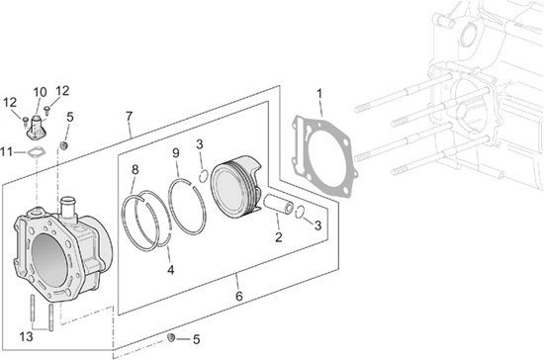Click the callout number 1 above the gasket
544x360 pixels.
[x=319, y=94]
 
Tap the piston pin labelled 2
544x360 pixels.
[x=279, y=205]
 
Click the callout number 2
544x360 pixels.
[x=279, y=237]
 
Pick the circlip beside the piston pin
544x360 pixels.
[x=300, y=212]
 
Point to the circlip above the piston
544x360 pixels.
[x=204, y=175]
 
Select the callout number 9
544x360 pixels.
[x=176, y=153]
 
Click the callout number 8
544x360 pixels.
[x=135, y=169]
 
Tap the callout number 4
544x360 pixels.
[x=170, y=270]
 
